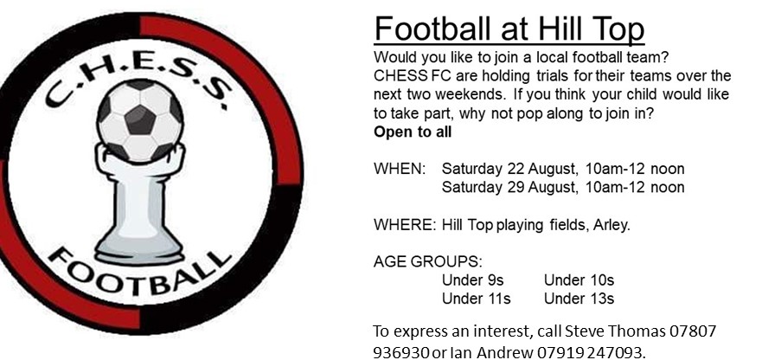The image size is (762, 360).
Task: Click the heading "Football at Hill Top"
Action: (509, 29)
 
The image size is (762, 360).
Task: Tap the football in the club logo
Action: (140, 120)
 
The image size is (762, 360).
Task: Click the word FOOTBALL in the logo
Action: (139, 274)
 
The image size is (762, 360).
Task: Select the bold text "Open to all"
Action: (413, 132)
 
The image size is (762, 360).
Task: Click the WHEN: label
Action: (400, 169)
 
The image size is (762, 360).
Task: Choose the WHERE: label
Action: (405, 225)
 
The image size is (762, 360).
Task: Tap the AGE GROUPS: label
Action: (428, 261)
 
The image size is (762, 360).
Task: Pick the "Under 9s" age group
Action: (472, 280)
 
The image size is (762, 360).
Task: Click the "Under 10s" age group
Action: (579, 280)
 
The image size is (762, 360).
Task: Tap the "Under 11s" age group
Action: (477, 299)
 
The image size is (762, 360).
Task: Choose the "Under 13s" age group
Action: (579, 299)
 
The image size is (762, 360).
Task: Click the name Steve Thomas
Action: (615, 331)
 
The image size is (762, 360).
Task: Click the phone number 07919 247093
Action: (592, 351)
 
